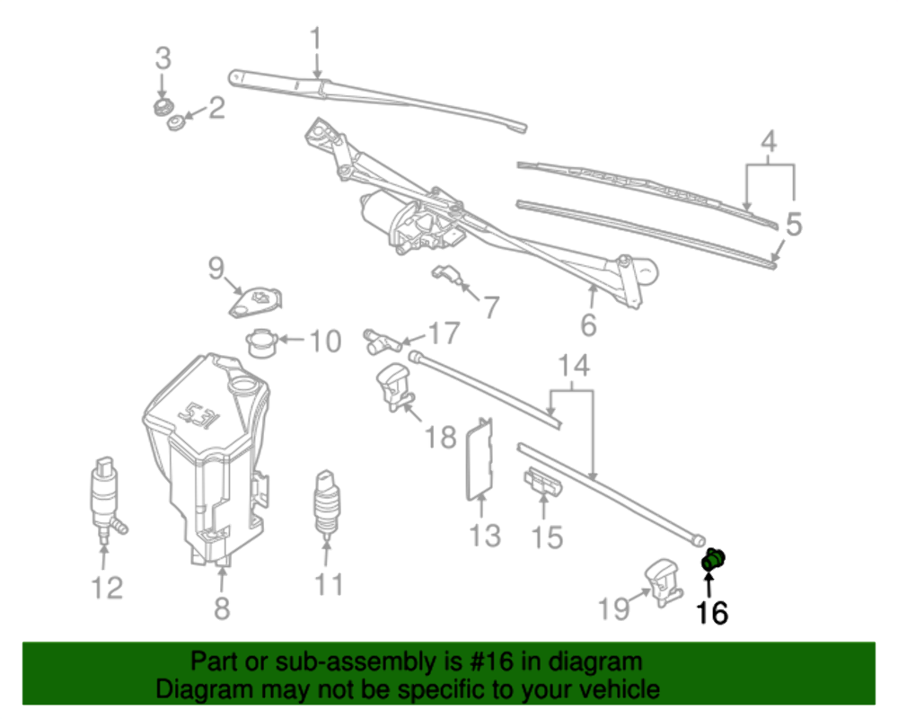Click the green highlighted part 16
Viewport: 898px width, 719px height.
(x=713, y=560)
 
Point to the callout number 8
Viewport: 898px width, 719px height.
(x=222, y=608)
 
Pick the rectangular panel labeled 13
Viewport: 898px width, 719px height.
(x=482, y=458)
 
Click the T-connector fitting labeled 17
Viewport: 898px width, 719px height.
(x=382, y=341)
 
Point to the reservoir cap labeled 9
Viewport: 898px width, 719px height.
(x=255, y=302)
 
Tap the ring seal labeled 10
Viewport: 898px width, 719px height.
(x=261, y=342)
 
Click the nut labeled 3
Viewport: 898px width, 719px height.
(x=162, y=107)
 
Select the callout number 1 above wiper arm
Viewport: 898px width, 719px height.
(x=315, y=39)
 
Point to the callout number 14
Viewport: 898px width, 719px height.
(x=575, y=366)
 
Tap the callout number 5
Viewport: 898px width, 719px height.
(x=793, y=225)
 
